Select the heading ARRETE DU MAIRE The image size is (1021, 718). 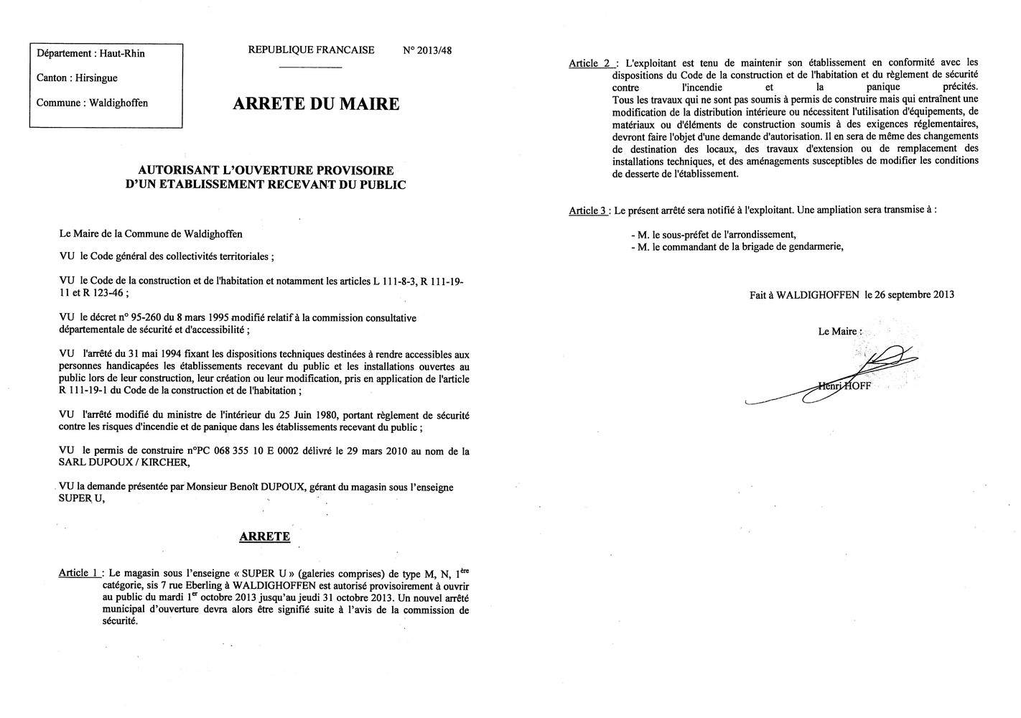(x=316, y=104)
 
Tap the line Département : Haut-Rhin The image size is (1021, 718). (x=90, y=53)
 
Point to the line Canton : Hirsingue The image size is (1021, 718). (x=77, y=78)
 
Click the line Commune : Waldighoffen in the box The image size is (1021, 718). (x=92, y=103)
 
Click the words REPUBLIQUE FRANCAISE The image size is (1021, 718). (x=311, y=50)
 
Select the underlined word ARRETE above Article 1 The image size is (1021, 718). (x=265, y=536)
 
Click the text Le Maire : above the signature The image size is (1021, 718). (x=839, y=332)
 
